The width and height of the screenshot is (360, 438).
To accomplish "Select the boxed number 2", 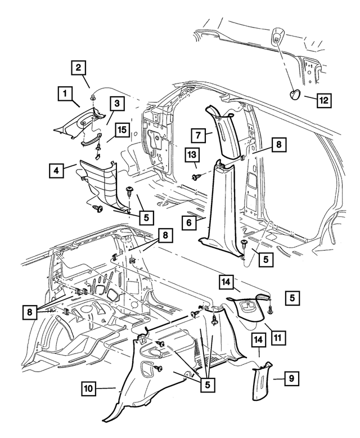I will (80, 69).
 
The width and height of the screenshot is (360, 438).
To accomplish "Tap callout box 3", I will (117, 104).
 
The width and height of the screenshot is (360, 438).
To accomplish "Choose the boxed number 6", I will (190, 222).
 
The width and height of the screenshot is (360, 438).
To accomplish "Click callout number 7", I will (198, 135).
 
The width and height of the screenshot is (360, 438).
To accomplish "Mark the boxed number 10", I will (90, 388).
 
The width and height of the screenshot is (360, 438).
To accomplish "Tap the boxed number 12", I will (323, 100).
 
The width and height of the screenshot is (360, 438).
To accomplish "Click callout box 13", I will (193, 155).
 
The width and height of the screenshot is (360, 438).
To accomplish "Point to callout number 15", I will (121, 131).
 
